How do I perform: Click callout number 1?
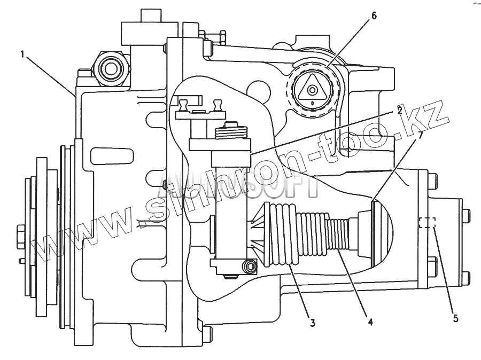pos(22,54)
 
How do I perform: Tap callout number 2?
pos(399,111)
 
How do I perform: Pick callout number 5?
pos(455,318)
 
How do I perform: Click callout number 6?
pos(373,15)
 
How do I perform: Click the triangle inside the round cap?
pos(312,89)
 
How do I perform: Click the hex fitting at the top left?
pos(111,67)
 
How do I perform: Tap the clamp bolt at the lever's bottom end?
pos(248,265)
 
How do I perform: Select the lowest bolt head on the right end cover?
pos(464,278)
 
